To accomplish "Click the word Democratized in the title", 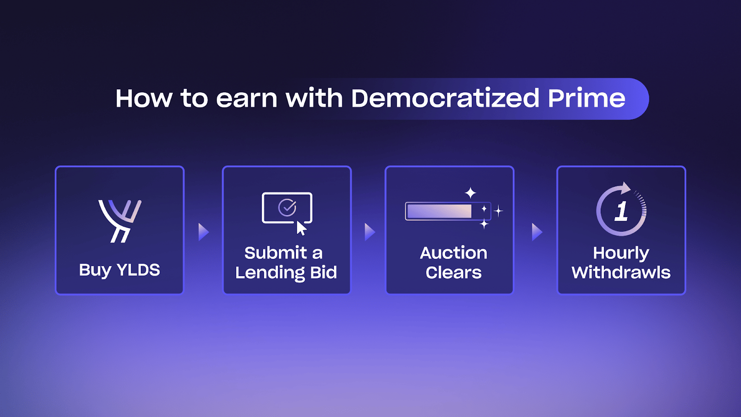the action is pyautogui.click(x=445, y=98).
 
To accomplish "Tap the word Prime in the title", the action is pyautogui.click(x=586, y=98).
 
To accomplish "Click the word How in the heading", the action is pyautogui.click(x=144, y=98).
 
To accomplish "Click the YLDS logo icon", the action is pyautogui.click(x=120, y=221).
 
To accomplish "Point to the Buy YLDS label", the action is pyautogui.click(x=119, y=270).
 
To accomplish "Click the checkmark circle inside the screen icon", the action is pyautogui.click(x=287, y=208).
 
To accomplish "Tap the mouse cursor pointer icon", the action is pyautogui.click(x=301, y=228).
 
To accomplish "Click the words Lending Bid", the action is pyautogui.click(x=286, y=273).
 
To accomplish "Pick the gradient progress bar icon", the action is pyautogui.click(x=448, y=211).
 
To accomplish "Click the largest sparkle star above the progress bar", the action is pyautogui.click(x=471, y=193).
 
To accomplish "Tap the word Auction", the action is pyautogui.click(x=453, y=253).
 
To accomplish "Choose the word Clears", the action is pyautogui.click(x=453, y=273).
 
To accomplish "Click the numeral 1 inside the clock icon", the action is pyautogui.click(x=621, y=211).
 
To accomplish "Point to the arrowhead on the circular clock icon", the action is pyautogui.click(x=626, y=188).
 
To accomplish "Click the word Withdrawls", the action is pyautogui.click(x=621, y=273).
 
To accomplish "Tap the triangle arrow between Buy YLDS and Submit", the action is pyautogui.click(x=203, y=232).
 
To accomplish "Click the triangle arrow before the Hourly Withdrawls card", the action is pyautogui.click(x=537, y=232).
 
